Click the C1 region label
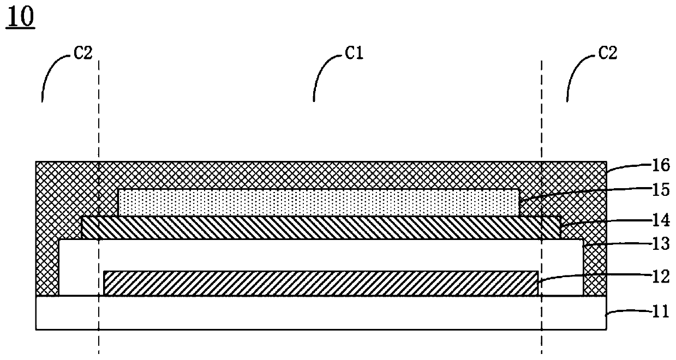point(354,52)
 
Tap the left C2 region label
point(82,52)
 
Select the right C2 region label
point(607,52)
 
